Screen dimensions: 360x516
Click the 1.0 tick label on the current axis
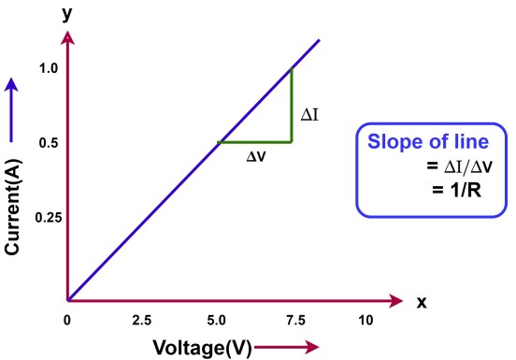coord(49,68)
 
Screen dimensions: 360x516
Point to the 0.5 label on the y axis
coord(49,143)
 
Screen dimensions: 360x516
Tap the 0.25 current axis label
coord(46,217)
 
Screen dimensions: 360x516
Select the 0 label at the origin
coord(67,319)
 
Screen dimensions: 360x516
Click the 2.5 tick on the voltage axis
coord(143,320)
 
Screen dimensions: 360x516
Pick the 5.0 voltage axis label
coord(217,320)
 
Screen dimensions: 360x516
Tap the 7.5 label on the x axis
coord(292,320)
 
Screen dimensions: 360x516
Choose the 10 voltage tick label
coord(365,320)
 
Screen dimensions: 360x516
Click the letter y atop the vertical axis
coord(67,15)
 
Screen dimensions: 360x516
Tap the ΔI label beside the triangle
coord(310,116)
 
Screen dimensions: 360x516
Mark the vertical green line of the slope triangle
coord(292,105)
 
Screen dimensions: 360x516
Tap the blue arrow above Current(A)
coord(12,98)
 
